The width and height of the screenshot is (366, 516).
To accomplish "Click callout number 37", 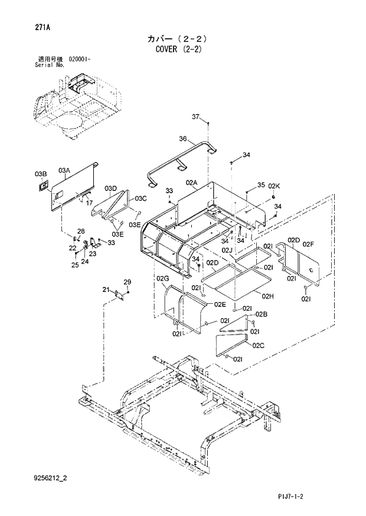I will pyautogui.click(x=196, y=116).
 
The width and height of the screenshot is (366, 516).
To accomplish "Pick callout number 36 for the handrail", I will pyautogui.click(x=182, y=139).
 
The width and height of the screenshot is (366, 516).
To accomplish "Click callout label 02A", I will pyautogui.click(x=191, y=184).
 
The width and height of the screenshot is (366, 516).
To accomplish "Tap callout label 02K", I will pyautogui.click(x=273, y=186).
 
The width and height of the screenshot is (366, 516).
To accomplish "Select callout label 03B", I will pyautogui.click(x=40, y=174).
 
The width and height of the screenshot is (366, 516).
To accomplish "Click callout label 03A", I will pyautogui.click(x=64, y=170).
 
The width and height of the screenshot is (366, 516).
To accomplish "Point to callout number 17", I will pyautogui.click(x=90, y=203).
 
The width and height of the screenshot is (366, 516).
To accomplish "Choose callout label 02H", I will pyautogui.click(x=267, y=296).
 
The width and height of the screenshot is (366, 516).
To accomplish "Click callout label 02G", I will pyautogui.click(x=163, y=278).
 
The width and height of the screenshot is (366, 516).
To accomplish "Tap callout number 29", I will pyautogui.click(x=126, y=281).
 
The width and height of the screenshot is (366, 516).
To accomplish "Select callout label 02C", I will pyautogui.click(x=257, y=345).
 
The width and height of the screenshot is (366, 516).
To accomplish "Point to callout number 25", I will pyautogui.click(x=75, y=265).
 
